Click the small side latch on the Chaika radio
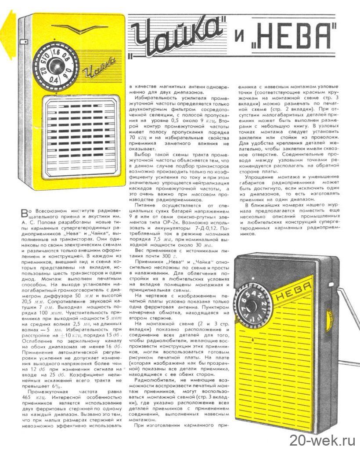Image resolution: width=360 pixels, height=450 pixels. pos(21,42)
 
